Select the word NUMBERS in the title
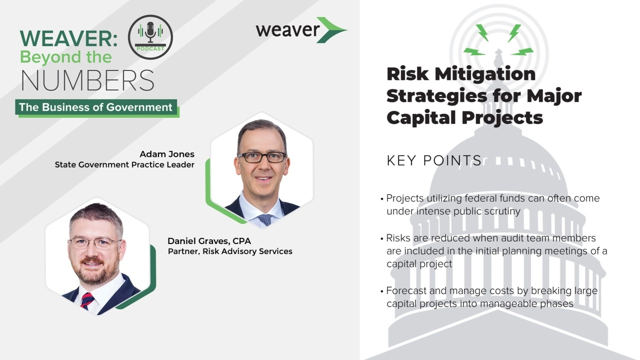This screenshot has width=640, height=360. [x=87, y=80]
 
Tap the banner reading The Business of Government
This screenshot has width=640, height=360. [x=96, y=107]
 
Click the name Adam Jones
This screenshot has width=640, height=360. [x=167, y=154]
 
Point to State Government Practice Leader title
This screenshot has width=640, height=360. [x=124, y=164]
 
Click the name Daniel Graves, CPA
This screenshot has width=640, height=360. [x=209, y=241]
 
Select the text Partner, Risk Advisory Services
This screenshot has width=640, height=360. [x=230, y=251]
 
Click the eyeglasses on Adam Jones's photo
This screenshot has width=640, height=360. [x=261, y=157]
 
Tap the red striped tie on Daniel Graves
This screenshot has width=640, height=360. [x=87, y=300]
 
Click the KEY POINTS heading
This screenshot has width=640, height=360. [x=434, y=160]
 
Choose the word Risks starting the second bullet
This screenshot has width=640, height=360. [x=399, y=238]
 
